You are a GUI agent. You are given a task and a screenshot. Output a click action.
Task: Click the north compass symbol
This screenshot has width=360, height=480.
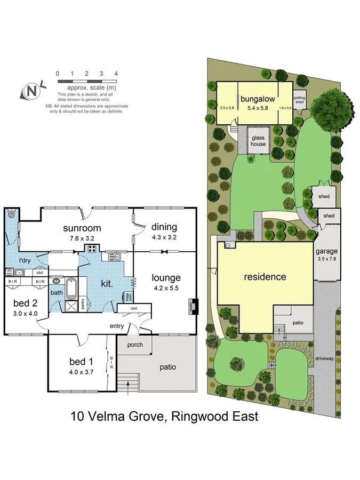click(31, 91)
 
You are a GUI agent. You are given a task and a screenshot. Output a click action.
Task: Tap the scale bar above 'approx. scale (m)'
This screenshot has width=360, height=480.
click(87, 82)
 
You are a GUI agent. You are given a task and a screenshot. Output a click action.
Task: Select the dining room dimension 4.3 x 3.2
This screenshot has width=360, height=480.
click(164, 236)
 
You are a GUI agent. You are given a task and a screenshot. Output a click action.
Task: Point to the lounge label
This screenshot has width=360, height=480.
click(166, 277)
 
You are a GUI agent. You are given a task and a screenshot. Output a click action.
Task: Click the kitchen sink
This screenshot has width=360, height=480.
click(114, 257)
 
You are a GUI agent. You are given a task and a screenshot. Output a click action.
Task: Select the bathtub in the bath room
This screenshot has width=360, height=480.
click(71, 288)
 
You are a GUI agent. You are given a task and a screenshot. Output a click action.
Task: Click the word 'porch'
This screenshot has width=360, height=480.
click(134, 345)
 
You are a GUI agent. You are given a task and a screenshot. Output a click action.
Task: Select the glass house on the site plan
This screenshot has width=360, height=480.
click(258, 141)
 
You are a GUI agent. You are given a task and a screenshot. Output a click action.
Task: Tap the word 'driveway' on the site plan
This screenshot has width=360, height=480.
click(324, 358)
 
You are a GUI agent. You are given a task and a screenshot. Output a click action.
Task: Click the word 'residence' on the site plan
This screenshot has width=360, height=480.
click(265, 277)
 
